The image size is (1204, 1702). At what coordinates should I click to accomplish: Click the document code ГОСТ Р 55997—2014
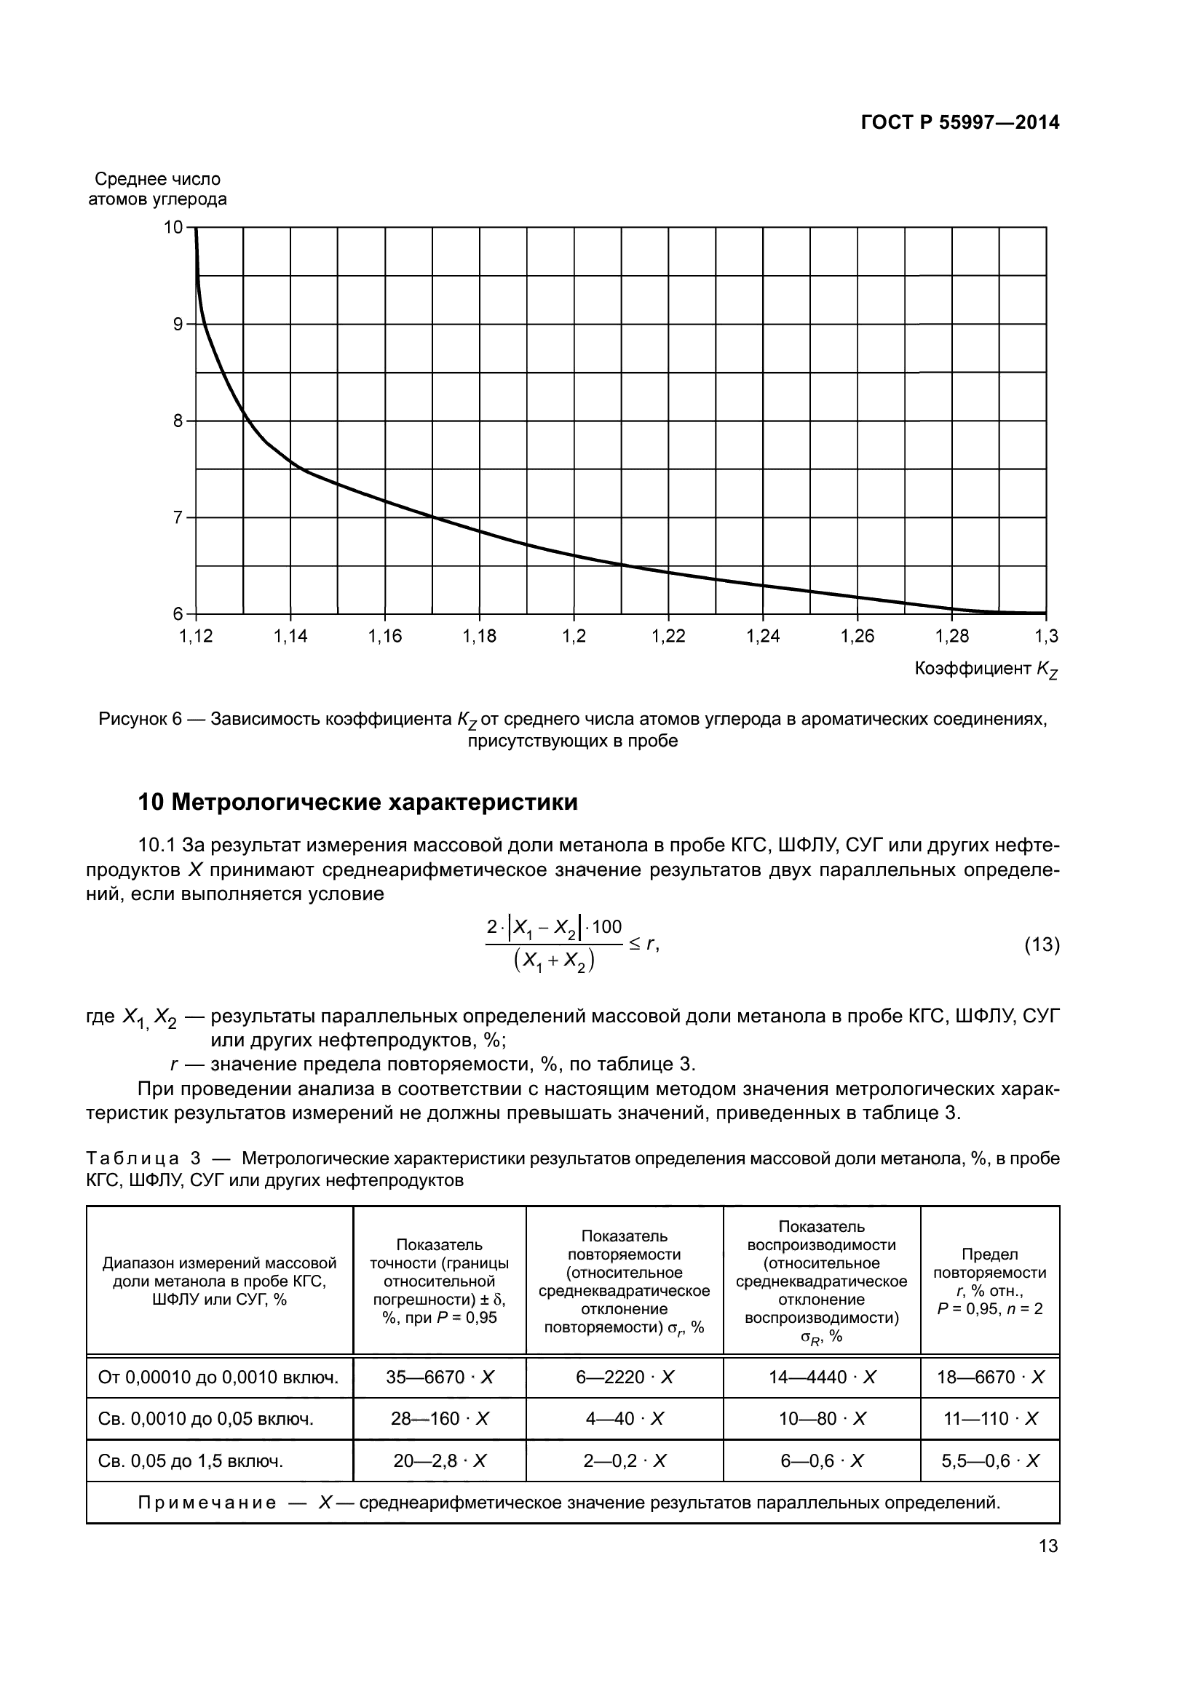[x=960, y=123]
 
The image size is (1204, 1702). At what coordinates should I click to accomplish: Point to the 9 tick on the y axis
[x=178, y=324]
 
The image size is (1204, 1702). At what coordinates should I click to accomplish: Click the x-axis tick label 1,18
[x=479, y=636]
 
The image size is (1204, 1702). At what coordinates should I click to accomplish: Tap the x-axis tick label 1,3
[x=1047, y=636]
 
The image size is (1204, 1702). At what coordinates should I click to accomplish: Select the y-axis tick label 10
[x=173, y=227]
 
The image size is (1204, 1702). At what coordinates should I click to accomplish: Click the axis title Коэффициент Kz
[x=986, y=669]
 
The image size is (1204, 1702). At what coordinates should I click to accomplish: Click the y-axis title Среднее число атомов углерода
[x=157, y=189]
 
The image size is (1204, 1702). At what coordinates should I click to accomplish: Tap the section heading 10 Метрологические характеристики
[x=357, y=803]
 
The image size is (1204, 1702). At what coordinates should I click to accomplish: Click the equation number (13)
[x=1042, y=945]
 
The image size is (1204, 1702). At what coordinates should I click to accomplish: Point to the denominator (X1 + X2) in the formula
[x=553, y=961]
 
